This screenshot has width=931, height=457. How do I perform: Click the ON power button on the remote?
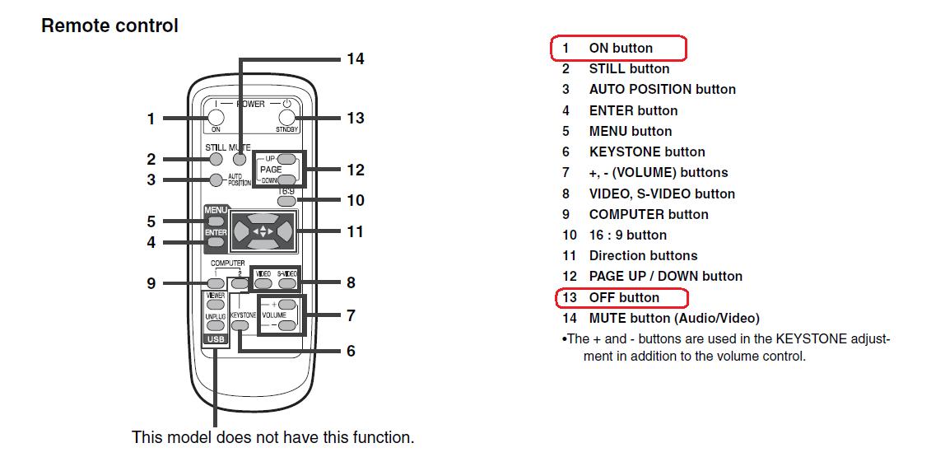click(x=216, y=118)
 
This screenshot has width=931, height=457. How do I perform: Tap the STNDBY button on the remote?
click(x=286, y=118)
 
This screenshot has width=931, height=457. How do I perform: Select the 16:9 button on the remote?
click(x=286, y=199)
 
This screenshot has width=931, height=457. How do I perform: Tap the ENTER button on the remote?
click(x=216, y=241)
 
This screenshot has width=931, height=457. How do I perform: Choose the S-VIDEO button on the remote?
click(x=286, y=283)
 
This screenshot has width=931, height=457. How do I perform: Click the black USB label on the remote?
click(x=216, y=338)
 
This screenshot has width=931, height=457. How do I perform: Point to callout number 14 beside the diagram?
click(x=356, y=59)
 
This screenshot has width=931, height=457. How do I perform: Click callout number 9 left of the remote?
click(x=151, y=283)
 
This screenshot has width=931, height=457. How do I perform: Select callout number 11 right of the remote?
click(x=355, y=231)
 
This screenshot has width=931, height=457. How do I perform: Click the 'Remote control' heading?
click(x=109, y=26)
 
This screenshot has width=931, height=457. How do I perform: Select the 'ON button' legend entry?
click(x=620, y=49)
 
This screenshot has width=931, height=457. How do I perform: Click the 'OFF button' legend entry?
click(x=623, y=297)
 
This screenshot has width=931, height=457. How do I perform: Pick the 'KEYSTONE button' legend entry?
click(x=646, y=152)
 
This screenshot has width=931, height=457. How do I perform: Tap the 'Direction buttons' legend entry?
click(x=643, y=255)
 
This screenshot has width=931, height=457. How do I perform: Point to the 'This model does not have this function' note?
click(x=272, y=437)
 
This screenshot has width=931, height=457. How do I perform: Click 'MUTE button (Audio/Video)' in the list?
click(x=673, y=318)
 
